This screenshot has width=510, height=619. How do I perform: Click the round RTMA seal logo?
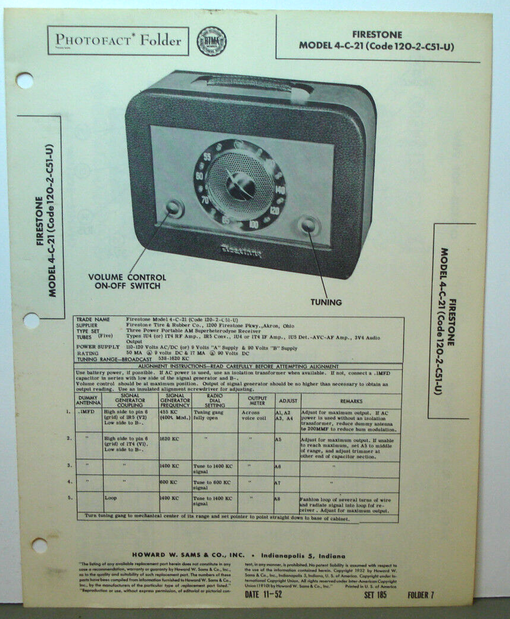[212, 41]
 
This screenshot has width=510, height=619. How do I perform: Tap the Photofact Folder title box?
[118, 41]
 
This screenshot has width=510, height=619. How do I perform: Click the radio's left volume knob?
[174, 207]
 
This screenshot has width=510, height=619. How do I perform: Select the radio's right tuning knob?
[309, 226]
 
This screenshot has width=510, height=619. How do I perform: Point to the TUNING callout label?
[325, 302]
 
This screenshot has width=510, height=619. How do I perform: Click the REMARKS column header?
[348, 401]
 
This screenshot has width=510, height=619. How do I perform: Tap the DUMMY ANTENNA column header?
[89, 401]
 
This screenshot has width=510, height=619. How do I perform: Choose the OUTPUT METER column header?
[257, 400]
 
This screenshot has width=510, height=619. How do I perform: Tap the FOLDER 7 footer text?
[421, 595]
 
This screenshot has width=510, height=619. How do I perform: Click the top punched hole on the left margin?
[24, 80]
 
